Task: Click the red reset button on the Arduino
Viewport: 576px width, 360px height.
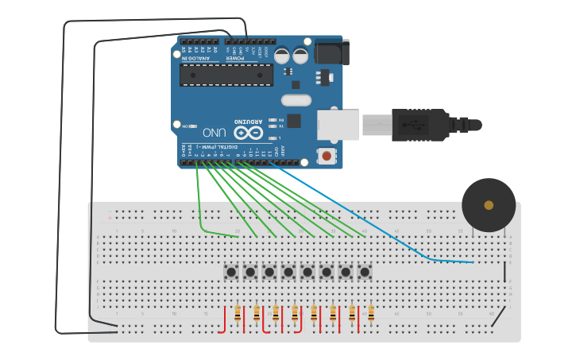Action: (x=326, y=156)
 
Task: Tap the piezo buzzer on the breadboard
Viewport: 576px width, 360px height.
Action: (x=489, y=205)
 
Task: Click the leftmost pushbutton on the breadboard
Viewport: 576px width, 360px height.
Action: (x=231, y=272)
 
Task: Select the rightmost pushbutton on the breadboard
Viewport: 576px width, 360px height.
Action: (x=365, y=272)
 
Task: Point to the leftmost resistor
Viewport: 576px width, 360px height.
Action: (x=238, y=315)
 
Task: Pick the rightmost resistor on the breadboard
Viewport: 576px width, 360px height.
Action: (x=371, y=315)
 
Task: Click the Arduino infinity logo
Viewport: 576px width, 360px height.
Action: (x=247, y=133)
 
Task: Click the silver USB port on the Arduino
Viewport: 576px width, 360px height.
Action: (x=338, y=125)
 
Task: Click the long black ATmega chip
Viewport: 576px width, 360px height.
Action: (x=226, y=75)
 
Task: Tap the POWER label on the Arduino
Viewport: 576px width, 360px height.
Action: (x=236, y=57)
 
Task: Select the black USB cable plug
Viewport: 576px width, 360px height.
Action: (x=421, y=125)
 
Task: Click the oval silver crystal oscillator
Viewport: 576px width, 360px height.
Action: (x=295, y=100)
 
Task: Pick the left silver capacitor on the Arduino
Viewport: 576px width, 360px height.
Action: (x=281, y=56)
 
